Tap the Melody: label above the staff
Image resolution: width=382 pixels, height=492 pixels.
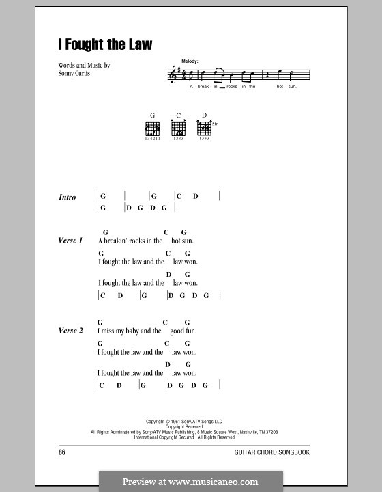point(190,61)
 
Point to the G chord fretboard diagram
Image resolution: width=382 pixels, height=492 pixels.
point(151,128)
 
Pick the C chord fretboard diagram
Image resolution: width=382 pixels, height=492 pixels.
point(179,128)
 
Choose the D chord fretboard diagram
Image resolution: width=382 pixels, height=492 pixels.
point(204,128)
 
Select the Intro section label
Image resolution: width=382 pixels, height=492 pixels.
point(68,197)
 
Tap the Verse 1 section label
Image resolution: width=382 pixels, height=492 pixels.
point(70,241)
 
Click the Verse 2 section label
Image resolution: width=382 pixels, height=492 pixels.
point(70,331)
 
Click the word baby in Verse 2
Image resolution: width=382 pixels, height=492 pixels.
point(134,331)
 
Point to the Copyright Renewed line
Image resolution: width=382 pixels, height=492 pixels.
point(189,427)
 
